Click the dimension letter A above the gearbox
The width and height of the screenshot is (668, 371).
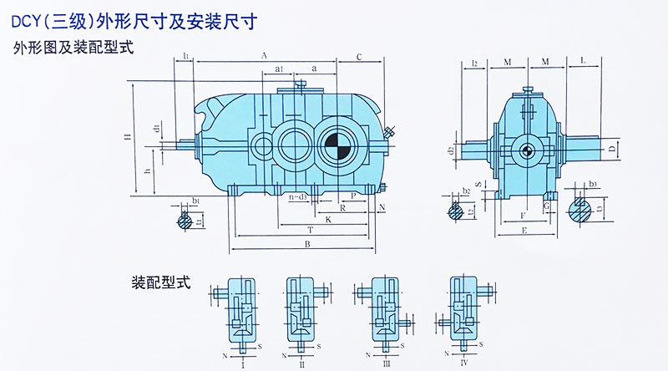tap(263, 54)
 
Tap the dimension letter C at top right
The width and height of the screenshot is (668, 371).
tap(358, 57)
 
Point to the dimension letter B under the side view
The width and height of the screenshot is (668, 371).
tap(307, 244)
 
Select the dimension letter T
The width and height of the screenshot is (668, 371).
tap(310, 229)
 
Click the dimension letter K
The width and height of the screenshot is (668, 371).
tap(328, 219)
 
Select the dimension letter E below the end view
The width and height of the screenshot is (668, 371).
tap(522, 230)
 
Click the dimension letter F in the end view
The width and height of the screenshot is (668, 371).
tap(524, 216)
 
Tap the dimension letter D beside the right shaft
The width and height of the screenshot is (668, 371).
tap(612, 149)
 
